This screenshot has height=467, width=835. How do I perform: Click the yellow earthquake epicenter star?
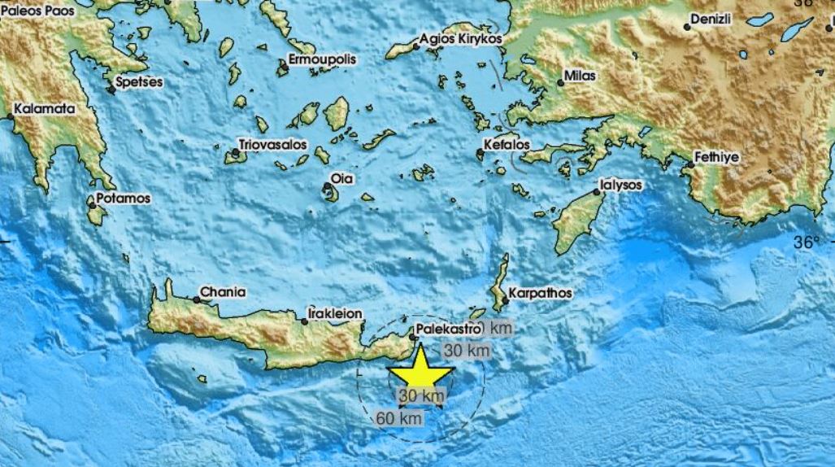420,373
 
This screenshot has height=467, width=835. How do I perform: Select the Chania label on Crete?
224,292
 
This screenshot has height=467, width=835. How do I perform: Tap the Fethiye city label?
716,158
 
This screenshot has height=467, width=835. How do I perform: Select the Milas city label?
581,76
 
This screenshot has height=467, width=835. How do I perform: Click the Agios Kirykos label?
461,38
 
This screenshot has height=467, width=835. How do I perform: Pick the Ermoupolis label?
323,59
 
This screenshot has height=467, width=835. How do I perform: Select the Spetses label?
140,82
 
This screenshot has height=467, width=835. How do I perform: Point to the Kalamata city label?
45,108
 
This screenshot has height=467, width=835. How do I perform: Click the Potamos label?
122,198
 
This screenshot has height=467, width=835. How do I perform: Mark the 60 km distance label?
400,418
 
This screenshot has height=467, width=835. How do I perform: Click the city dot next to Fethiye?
689,165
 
